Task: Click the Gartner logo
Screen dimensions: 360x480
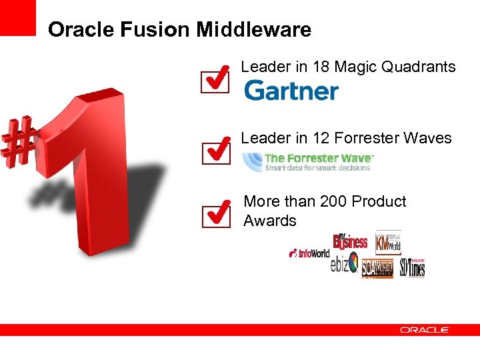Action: coord(291,91)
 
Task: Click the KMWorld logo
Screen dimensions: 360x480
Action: coord(388,243)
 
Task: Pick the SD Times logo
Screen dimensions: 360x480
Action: coord(413,267)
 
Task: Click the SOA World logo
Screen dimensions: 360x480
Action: coord(377,269)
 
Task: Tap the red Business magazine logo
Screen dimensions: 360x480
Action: coord(350,241)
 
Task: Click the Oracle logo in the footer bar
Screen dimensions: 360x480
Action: coord(425,330)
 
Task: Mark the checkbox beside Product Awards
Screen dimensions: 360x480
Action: coord(215,215)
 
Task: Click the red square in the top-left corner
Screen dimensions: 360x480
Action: coord(17,17)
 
